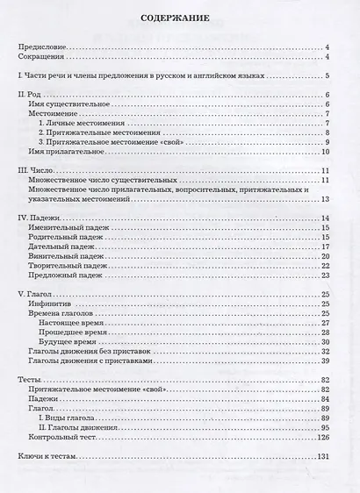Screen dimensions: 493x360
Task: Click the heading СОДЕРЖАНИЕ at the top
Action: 180,18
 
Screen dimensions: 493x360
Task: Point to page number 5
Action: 326,75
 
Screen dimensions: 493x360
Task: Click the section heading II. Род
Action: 32,95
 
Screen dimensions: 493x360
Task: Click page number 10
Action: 324,153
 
